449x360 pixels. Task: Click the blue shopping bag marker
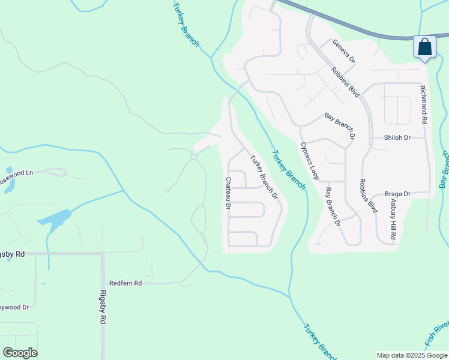(x=424, y=47)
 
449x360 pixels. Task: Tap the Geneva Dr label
(x=345, y=52)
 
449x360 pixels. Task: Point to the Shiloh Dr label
(x=397, y=137)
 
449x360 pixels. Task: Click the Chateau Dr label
(x=229, y=193)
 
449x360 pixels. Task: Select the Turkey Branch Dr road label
(x=264, y=177)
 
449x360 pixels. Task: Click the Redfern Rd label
(x=125, y=283)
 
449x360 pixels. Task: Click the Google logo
(x=20, y=353)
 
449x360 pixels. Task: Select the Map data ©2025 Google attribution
(x=412, y=355)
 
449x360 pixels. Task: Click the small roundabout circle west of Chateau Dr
(x=194, y=157)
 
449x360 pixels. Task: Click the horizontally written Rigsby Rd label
(x=13, y=254)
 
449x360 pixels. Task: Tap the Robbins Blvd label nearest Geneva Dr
(x=345, y=82)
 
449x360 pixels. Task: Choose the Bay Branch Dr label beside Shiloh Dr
(x=340, y=126)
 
